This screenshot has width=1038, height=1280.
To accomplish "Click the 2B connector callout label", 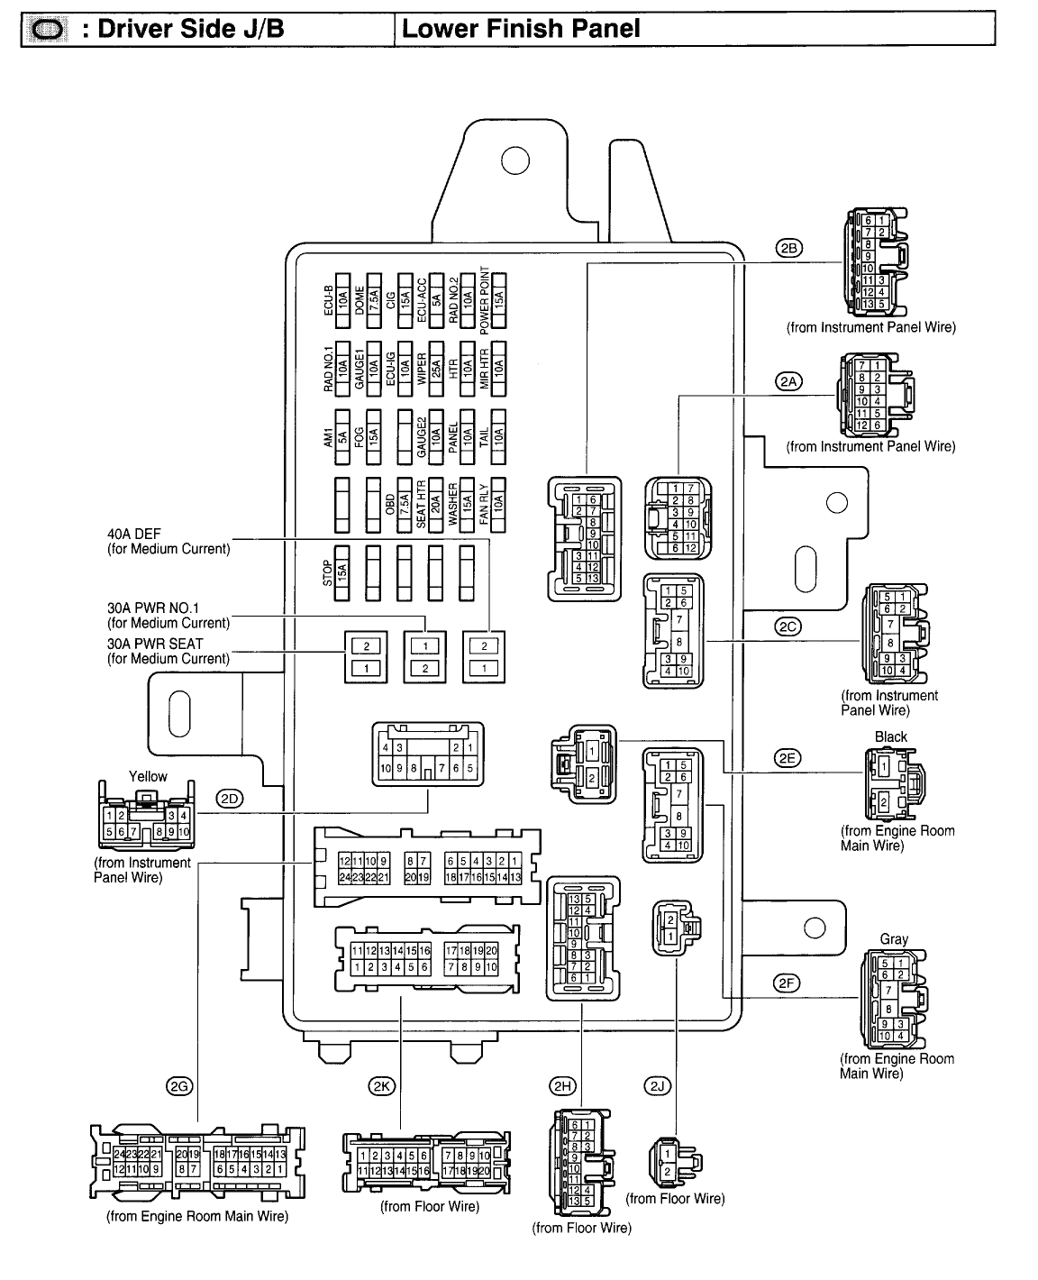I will [788, 250].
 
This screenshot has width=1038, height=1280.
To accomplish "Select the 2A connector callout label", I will [788, 381].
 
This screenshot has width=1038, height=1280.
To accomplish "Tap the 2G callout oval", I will [179, 1086].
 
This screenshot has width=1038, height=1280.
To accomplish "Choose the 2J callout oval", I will [657, 1086].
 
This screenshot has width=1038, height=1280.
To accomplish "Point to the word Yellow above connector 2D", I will [148, 776].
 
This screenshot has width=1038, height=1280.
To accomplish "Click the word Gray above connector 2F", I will [894, 939].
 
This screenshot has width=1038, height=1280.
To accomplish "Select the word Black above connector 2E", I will [890, 736].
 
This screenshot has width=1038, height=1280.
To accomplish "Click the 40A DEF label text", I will [134, 534].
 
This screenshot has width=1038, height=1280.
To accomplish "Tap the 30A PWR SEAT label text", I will [155, 644].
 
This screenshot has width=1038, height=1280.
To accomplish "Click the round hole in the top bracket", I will [514, 160].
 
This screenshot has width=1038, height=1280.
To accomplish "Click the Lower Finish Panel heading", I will [521, 29].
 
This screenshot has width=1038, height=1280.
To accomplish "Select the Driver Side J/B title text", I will [190, 29].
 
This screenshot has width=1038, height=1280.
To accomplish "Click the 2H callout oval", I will [565, 1086].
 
